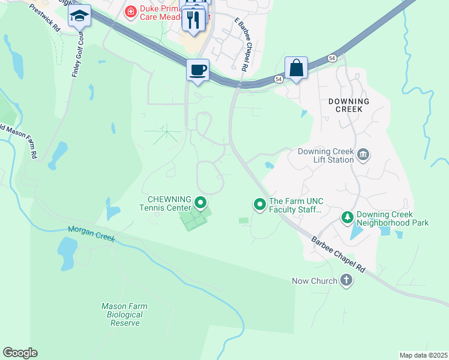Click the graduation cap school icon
tap(79, 16)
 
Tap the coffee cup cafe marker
tap(197, 70)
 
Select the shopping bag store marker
tap(297, 67)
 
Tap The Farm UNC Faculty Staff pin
tap(260, 205)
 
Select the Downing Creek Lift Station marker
tap(363, 155)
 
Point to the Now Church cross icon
tap(346, 280)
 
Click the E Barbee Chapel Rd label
tap(241, 44)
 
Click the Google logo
tap(20, 353)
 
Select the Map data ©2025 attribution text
tap(423, 355)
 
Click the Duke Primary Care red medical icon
tap(130, 11)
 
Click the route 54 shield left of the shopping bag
tap(279, 79)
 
